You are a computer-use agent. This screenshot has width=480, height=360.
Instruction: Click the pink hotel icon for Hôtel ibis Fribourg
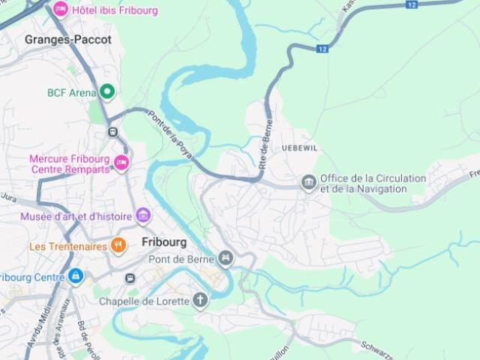click(x=61, y=10)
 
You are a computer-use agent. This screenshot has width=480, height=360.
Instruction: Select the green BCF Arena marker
click(x=107, y=92)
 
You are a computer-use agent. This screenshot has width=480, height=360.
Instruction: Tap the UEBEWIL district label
click(x=299, y=148)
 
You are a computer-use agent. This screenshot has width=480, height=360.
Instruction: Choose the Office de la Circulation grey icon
click(x=308, y=183)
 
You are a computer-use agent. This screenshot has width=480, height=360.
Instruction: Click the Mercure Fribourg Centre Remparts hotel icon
click(x=121, y=162)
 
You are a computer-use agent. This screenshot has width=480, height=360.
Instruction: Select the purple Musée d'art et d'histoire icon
click(x=143, y=216)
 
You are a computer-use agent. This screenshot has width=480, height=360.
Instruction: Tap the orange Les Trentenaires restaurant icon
click(x=118, y=245)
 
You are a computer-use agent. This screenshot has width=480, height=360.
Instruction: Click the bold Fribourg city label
click(x=163, y=243)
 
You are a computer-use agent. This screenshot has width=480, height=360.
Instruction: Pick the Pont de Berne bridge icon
click(x=225, y=259)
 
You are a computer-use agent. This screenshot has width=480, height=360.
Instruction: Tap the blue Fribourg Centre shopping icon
click(x=75, y=277)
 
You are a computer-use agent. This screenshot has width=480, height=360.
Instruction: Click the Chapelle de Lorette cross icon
click(x=199, y=301)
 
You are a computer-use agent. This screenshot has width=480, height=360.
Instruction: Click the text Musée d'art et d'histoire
click(x=76, y=217)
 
